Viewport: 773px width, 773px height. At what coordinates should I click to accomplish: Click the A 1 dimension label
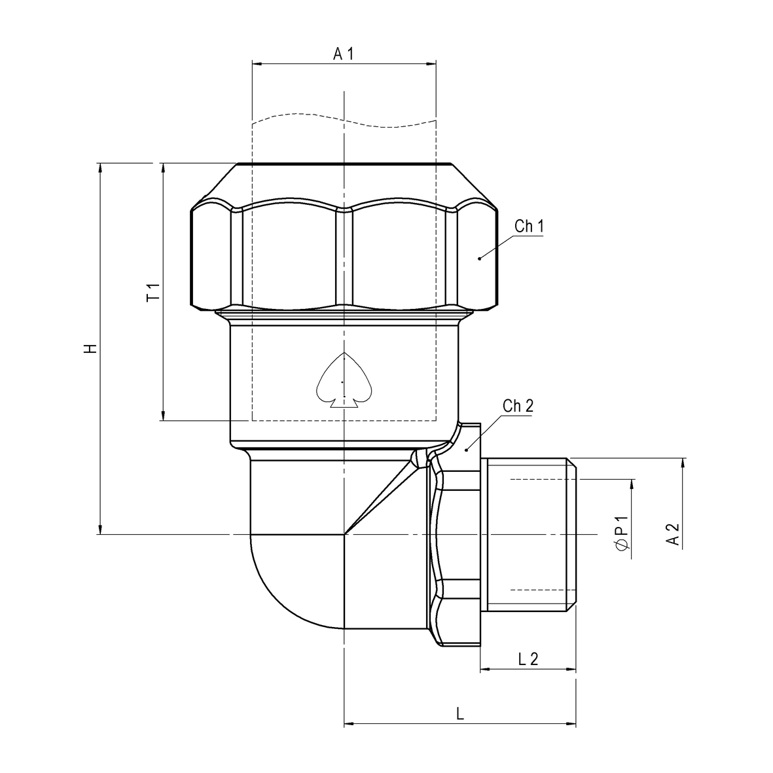click(343, 54)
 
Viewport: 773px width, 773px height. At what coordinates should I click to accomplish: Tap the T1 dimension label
click(153, 293)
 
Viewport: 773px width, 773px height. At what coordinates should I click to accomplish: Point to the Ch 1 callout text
click(529, 226)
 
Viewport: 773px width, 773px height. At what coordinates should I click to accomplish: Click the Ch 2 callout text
click(518, 405)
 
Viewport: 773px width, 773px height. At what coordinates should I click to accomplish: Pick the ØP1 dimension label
click(622, 534)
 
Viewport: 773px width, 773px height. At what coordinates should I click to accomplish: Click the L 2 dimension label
click(528, 659)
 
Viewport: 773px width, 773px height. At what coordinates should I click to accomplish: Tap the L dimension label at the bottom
click(460, 713)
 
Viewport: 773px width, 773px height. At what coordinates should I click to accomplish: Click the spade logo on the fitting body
click(344, 382)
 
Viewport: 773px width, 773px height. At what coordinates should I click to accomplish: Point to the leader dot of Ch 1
click(479, 259)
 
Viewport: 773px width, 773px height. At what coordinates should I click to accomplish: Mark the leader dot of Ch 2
click(466, 450)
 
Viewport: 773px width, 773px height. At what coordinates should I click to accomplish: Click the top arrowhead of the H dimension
click(100, 168)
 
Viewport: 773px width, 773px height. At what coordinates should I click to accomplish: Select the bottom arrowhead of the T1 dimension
click(163, 415)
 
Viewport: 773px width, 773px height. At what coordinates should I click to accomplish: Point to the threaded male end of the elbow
click(530, 534)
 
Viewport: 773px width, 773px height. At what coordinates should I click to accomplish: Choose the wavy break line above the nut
click(344, 121)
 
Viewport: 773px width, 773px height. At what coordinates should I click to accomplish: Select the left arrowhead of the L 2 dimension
click(485, 670)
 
